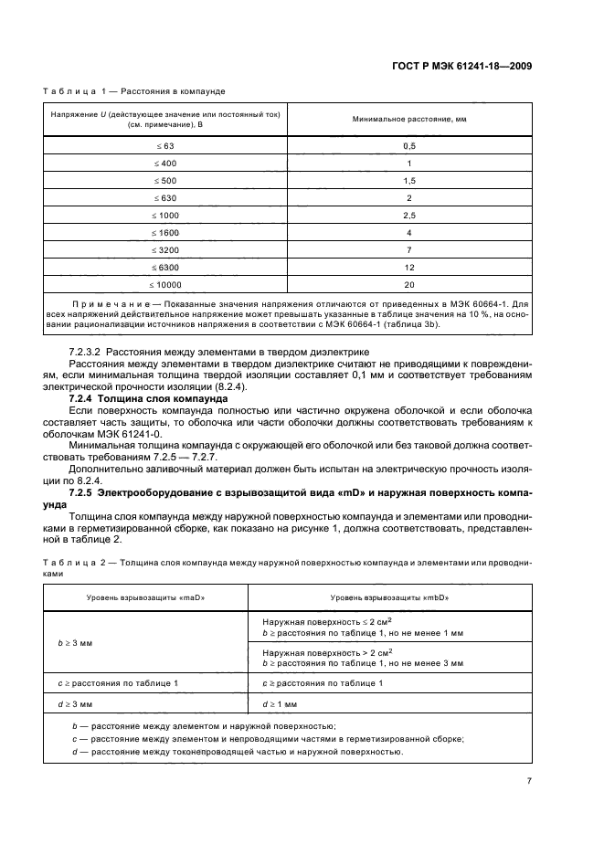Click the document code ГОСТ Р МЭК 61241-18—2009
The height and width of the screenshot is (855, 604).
[x=461, y=66]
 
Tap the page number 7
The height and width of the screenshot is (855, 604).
[x=530, y=781]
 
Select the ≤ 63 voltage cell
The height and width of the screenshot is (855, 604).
[x=165, y=146]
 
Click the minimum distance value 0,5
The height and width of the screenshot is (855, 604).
[x=409, y=146]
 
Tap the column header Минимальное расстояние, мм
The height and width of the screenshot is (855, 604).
[x=409, y=121]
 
